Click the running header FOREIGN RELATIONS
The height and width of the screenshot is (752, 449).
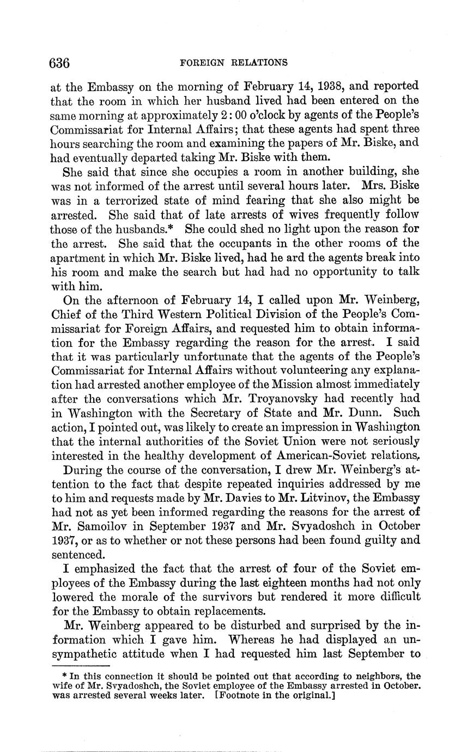(233, 63)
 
